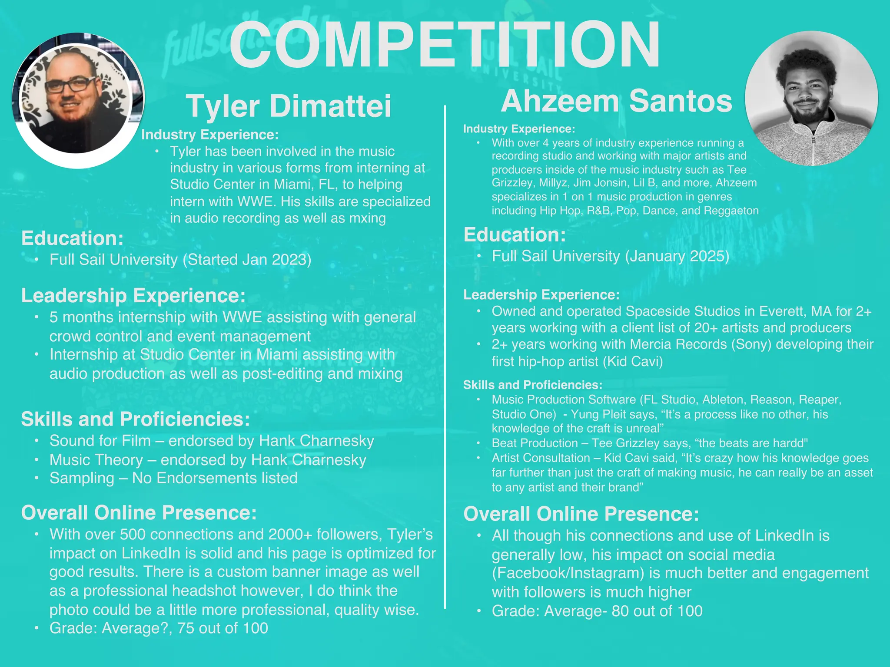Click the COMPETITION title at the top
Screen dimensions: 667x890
coord(444,46)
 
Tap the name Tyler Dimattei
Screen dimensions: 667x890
coord(289,106)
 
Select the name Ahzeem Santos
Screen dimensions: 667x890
coord(617,101)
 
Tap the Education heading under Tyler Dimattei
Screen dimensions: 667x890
coord(73,238)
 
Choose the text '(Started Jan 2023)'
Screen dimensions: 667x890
coord(247,260)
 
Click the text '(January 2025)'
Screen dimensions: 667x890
coord(677,256)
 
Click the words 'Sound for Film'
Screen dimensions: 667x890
coord(100,441)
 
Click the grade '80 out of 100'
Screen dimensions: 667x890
coord(657,611)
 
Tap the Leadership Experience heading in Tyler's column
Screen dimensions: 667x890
coord(133,296)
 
